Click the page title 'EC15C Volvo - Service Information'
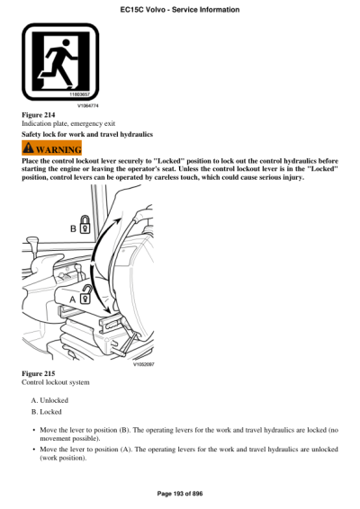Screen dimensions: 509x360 pyautogui.click(x=179, y=9)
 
